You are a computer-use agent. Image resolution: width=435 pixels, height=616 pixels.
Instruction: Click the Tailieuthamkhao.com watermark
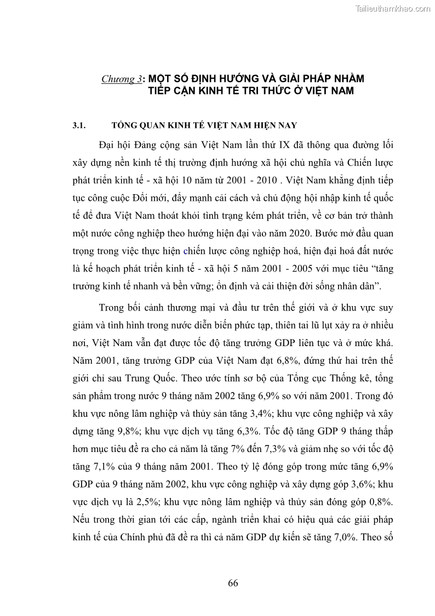(393, 8)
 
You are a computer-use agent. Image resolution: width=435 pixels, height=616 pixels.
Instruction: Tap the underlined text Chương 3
(121, 79)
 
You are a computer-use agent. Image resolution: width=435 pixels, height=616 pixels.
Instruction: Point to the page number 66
(233, 583)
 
